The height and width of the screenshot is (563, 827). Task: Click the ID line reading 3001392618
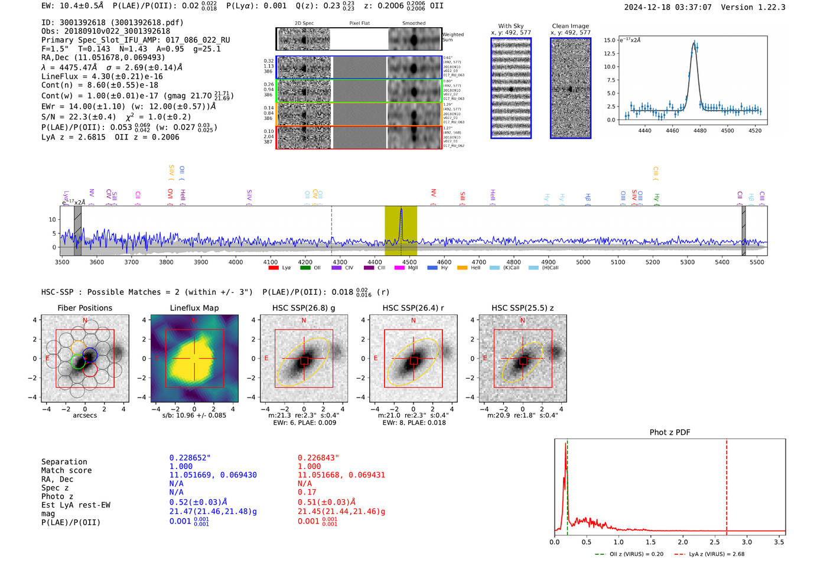click(x=112, y=22)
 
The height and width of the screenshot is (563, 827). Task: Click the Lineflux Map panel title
click(x=194, y=308)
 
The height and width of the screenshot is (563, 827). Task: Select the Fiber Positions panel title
click(x=84, y=308)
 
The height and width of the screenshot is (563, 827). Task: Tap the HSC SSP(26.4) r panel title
click(x=413, y=308)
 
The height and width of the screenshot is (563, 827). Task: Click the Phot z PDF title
click(x=670, y=432)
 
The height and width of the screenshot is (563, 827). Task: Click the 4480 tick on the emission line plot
click(x=700, y=131)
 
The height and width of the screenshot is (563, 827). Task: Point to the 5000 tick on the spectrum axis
click(x=583, y=262)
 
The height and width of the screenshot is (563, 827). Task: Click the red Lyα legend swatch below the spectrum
click(x=274, y=268)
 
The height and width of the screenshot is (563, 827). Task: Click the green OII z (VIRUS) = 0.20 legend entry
click(x=629, y=554)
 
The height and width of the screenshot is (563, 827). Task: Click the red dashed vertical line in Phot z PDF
click(x=727, y=484)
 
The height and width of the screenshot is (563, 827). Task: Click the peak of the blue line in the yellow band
click(x=401, y=209)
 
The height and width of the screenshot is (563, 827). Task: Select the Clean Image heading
click(x=570, y=26)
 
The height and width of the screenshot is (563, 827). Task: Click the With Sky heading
click(x=510, y=26)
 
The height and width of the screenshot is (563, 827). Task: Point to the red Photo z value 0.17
click(x=307, y=492)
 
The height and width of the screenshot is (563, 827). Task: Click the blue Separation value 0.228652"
click(x=190, y=458)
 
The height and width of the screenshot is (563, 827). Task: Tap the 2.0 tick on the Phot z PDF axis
click(x=683, y=542)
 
